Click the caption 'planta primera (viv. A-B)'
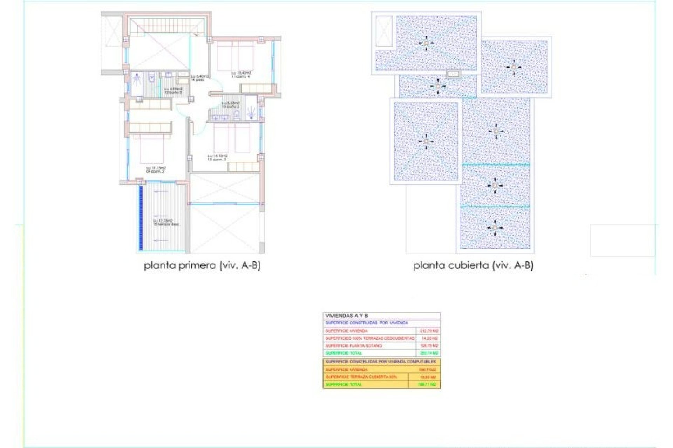(x=202, y=266)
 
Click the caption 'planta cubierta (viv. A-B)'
(x=473, y=266)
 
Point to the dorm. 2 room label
(x=156, y=170)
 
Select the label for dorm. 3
(x=217, y=157)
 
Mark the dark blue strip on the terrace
(x=141, y=217)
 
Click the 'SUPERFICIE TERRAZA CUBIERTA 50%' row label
(x=361, y=377)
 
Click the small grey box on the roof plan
(x=454, y=74)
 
